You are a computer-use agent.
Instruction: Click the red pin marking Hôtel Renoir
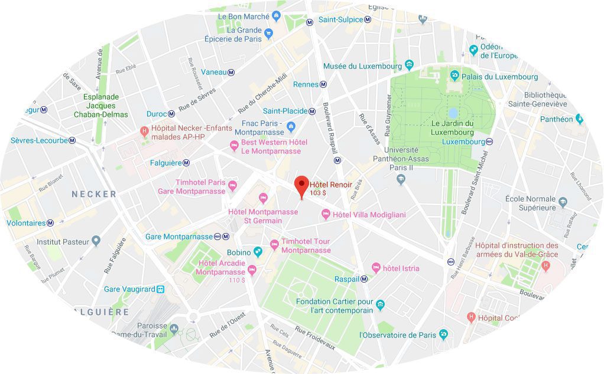click(302, 184)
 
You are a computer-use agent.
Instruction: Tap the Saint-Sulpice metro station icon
click(368, 19)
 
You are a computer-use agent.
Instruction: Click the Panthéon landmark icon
click(579, 119)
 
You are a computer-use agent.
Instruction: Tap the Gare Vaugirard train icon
click(160, 289)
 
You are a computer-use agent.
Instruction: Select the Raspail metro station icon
click(365, 279)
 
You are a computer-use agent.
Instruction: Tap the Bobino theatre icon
click(258, 252)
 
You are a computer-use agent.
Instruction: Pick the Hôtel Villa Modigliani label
click(369, 215)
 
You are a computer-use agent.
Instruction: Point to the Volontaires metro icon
click(51, 223)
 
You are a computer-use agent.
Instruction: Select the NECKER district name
click(94, 194)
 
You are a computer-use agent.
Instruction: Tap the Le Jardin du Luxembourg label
click(453, 127)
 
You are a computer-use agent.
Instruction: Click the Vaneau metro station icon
click(231, 72)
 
